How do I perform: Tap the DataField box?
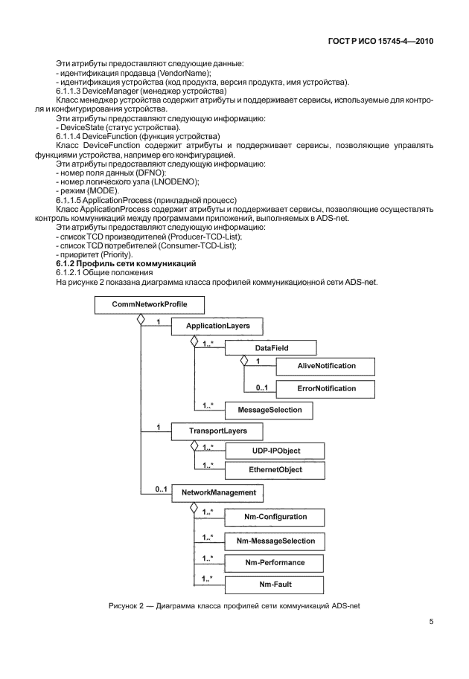tap(270, 347)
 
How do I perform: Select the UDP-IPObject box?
tap(275, 451)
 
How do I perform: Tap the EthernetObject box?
tap(275, 470)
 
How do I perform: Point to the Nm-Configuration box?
tap(275, 515)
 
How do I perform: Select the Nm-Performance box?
tap(275, 562)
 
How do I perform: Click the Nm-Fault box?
tap(275, 585)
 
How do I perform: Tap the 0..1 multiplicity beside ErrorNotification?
tap(262, 387)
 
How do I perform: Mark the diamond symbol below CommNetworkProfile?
tap(138, 318)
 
